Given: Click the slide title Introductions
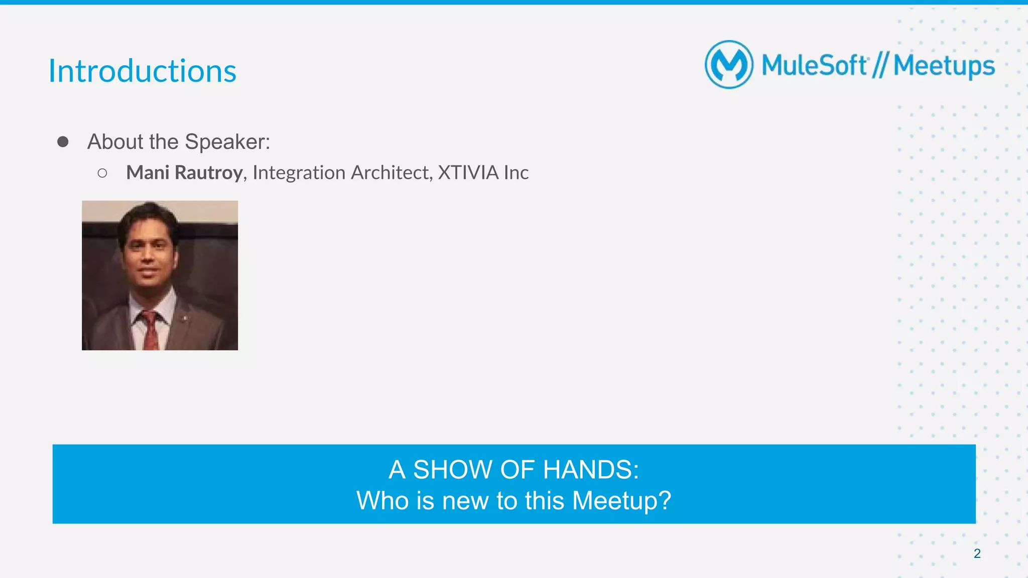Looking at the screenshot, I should point(142,71).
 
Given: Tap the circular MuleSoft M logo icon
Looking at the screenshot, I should point(729,65).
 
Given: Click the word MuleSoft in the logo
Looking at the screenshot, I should point(814,65).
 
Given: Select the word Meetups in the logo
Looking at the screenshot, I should point(944,66).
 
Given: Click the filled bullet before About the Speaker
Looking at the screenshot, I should point(63,142).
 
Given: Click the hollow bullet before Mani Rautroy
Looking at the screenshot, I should point(102,173).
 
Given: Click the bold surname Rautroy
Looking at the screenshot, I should point(209,172).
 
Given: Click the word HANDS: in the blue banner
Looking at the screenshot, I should point(591,470).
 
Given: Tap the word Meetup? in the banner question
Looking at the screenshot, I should point(621,500).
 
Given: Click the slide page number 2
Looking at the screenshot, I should point(977,553).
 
